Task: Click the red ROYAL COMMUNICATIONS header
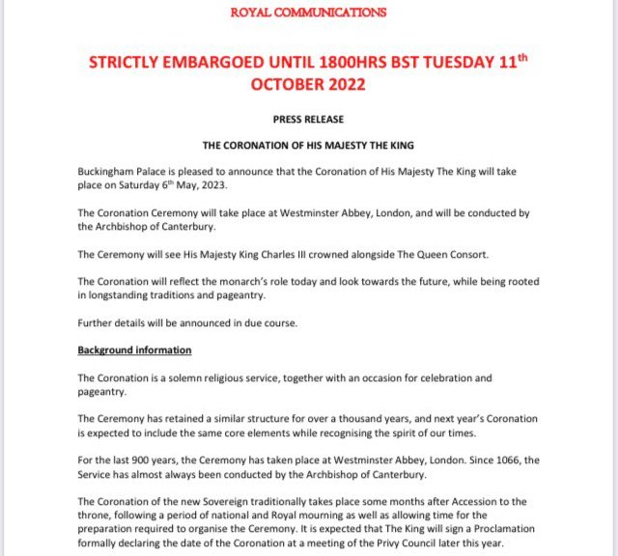pos(310,13)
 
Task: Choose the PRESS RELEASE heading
pos(308,120)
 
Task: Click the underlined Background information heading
pos(134,350)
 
